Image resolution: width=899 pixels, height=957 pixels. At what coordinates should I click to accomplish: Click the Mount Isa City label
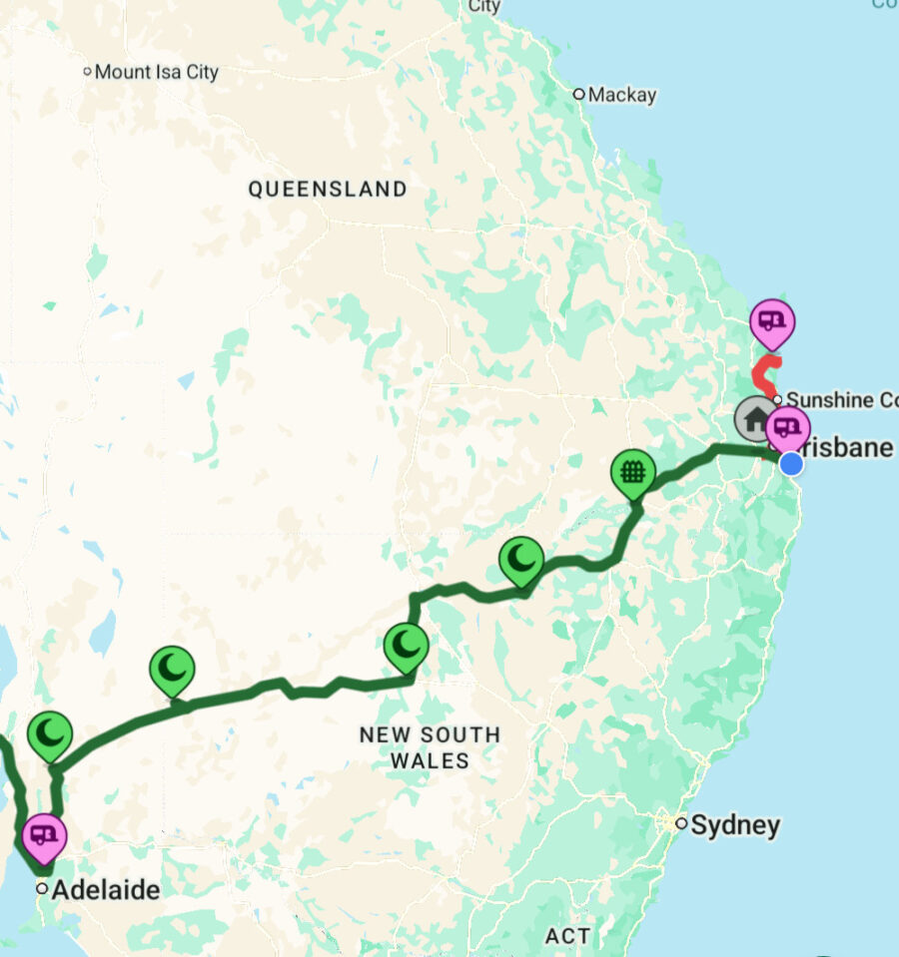pyautogui.click(x=156, y=72)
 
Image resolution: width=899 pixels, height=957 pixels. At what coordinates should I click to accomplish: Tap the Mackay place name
pyautogui.click(x=622, y=95)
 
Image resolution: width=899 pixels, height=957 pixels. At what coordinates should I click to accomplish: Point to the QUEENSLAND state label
pyautogui.click(x=328, y=189)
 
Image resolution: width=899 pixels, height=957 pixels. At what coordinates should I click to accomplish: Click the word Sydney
pyautogui.click(x=735, y=825)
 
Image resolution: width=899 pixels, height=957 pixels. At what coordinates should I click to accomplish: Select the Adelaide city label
pyautogui.click(x=105, y=889)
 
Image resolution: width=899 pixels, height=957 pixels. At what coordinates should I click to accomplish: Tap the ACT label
pyautogui.click(x=567, y=936)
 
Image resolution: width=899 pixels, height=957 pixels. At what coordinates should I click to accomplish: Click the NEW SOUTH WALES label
pyautogui.click(x=430, y=747)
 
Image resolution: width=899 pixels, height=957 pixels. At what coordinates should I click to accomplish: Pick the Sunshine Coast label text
pyautogui.click(x=842, y=400)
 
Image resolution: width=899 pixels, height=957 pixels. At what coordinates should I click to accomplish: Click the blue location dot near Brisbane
pyautogui.click(x=791, y=463)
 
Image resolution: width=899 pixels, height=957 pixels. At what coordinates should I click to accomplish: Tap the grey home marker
pyautogui.click(x=755, y=417)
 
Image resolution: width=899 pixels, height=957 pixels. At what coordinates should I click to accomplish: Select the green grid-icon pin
pyautogui.click(x=632, y=471)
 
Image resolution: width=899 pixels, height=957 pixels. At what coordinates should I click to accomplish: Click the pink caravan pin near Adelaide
pyautogui.click(x=43, y=833)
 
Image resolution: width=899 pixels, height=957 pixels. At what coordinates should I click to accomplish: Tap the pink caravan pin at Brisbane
pyautogui.click(x=788, y=428)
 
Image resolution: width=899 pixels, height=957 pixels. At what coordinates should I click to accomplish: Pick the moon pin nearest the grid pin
pyautogui.click(x=521, y=560)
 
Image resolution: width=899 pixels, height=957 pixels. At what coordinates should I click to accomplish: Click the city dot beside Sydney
pyautogui.click(x=681, y=824)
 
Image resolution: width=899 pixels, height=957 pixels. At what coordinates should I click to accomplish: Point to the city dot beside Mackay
pyautogui.click(x=578, y=95)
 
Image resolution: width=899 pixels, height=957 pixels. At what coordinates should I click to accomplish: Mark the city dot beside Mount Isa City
pyautogui.click(x=87, y=72)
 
